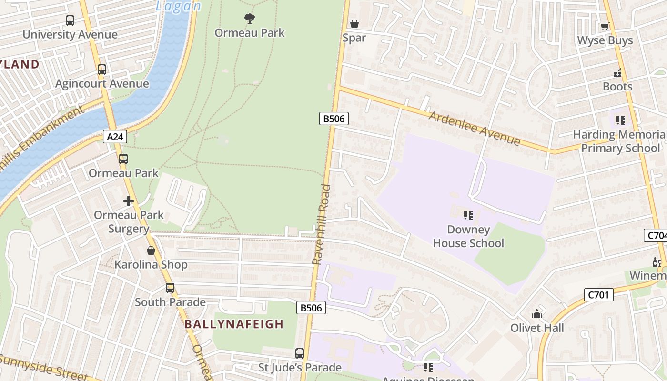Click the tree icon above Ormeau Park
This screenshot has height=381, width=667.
click(249, 19)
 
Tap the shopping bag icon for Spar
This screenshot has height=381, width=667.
click(354, 24)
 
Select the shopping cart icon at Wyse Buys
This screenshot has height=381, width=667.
click(605, 27)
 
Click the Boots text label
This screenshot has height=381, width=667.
click(617, 87)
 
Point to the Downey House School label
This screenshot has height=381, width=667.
click(468, 236)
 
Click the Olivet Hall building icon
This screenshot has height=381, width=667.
click(537, 314)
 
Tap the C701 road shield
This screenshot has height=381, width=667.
click(598, 295)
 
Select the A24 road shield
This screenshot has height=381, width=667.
click(115, 137)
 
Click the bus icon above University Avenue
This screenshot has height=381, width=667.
click(70, 20)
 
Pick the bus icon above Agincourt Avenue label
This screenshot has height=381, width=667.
click(102, 70)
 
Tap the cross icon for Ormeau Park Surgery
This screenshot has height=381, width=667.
click(129, 201)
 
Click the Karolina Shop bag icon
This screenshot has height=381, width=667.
click(151, 251)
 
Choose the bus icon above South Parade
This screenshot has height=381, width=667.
click(170, 288)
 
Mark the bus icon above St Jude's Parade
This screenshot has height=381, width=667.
click(300, 353)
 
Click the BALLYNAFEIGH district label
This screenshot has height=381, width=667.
click(234, 324)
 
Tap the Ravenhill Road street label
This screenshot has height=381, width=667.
click(322, 224)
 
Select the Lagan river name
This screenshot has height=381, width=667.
click(178, 6)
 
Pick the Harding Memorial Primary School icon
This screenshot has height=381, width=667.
click(620, 120)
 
